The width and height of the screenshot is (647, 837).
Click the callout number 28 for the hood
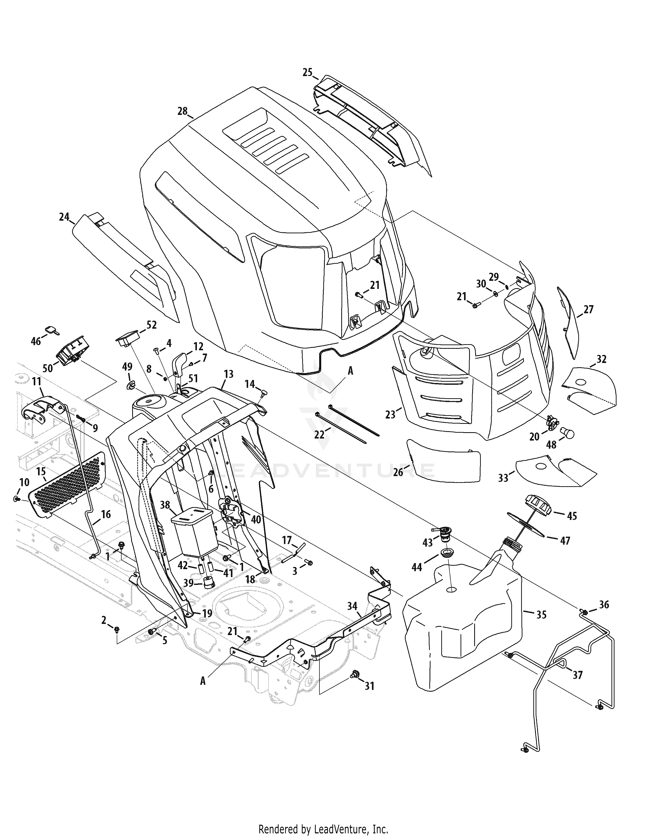click(182, 111)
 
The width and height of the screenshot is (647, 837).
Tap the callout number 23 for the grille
click(390, 414)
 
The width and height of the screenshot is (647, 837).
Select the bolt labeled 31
click(355, 683)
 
